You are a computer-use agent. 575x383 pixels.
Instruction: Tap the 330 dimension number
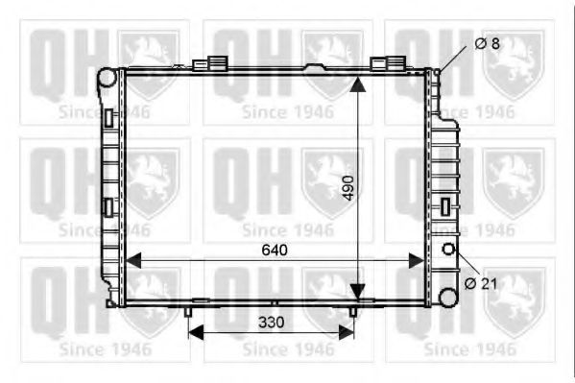[272, 323]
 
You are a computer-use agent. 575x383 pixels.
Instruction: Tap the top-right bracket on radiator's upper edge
[386, 64]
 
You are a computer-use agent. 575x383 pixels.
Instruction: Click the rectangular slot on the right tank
[445, 205]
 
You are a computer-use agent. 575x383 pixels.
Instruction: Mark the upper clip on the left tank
[108, 118]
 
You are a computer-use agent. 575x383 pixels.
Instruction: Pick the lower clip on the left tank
[108, 206]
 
